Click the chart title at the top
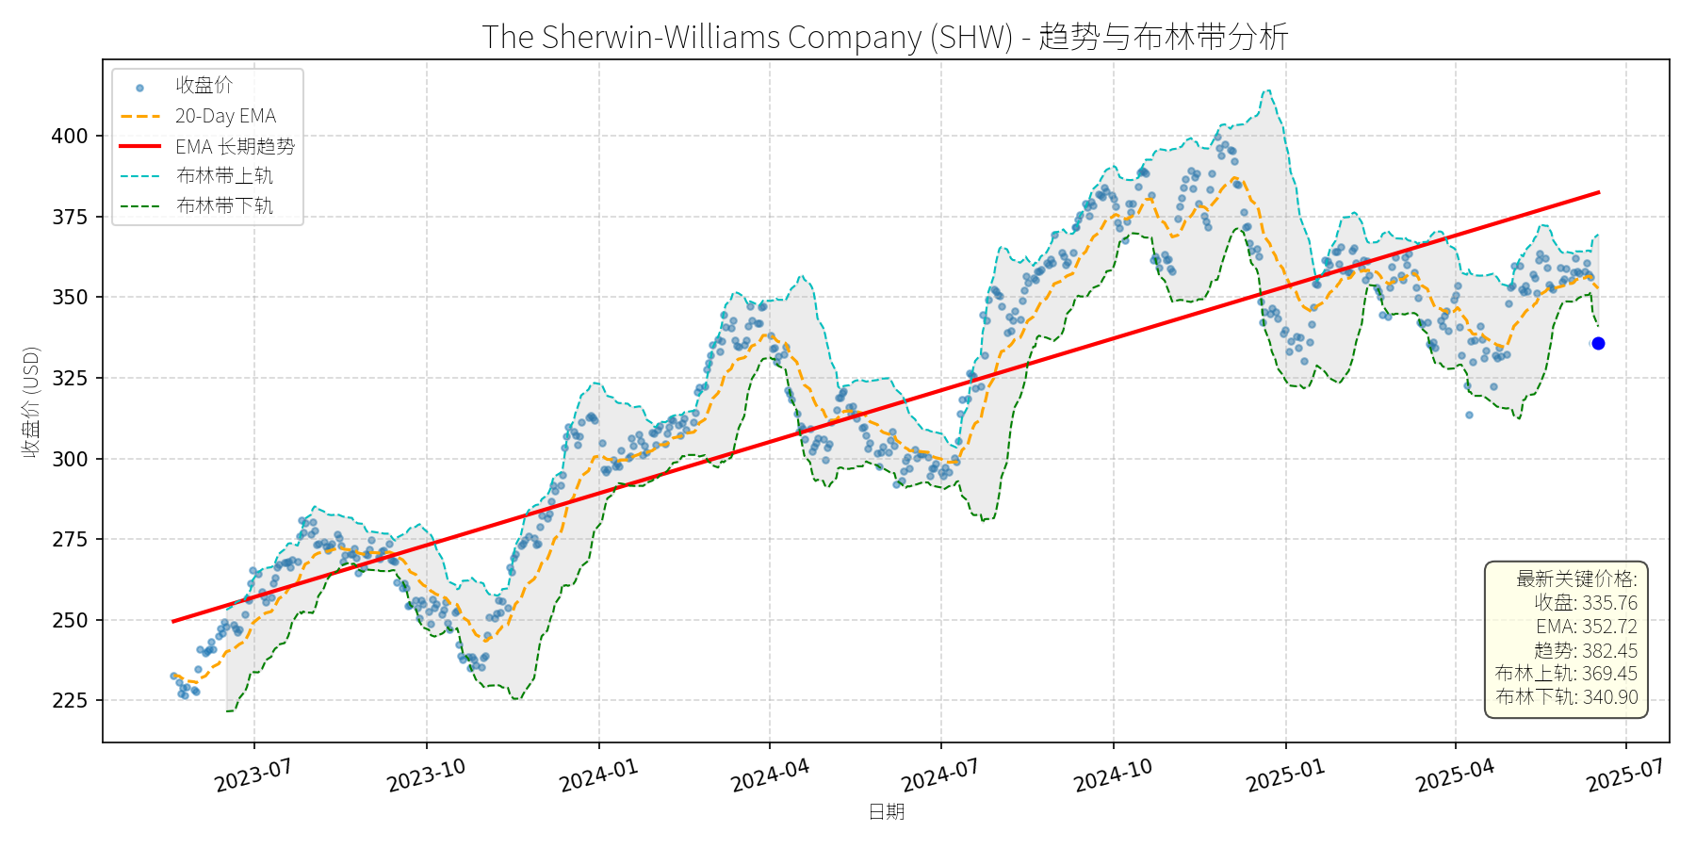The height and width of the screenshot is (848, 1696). [885, 37]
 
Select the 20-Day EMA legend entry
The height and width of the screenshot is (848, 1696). [225, 116]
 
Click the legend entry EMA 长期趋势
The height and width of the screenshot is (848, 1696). [235, 146]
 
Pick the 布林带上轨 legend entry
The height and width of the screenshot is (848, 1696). [224, 176]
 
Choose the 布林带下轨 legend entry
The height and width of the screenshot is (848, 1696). [224, 205]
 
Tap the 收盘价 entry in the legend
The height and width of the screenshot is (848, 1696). [204, 86]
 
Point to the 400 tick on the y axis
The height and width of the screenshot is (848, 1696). [69, 136]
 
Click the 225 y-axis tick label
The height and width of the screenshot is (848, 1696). [69, 700]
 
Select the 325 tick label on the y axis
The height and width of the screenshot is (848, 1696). [69, 378]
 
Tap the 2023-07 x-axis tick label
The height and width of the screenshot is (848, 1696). [253, 776]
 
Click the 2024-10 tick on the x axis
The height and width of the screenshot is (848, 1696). [1113, 776]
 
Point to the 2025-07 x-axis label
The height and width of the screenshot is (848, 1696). [1625, 776]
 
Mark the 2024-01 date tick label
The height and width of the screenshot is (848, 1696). [598, 776]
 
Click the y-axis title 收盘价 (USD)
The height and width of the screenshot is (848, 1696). [31, 402]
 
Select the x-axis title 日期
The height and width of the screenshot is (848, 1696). [886, 811]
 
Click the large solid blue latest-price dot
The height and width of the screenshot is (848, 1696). [1598, 344]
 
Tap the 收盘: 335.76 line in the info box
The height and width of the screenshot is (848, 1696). [1585, 603]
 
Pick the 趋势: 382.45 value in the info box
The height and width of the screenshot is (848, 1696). [1585, 650]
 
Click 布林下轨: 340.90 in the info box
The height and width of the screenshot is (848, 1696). [1566, 697]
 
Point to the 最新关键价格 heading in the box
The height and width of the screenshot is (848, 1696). [1575, 579]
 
